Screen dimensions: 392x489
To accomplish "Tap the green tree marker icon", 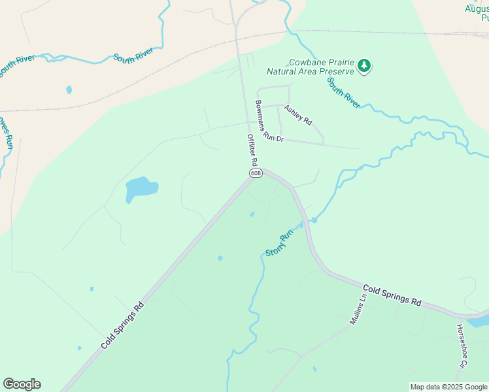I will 364,66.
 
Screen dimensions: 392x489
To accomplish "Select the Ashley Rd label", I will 298,115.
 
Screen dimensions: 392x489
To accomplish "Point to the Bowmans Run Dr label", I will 269,122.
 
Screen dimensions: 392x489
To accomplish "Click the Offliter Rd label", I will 252,150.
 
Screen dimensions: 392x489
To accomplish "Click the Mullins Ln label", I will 357,309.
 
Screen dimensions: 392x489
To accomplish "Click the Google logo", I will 22,384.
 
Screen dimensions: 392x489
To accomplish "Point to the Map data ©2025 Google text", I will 448,387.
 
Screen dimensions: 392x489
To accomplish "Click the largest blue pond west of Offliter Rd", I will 141,189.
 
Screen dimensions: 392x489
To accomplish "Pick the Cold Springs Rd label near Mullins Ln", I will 392,295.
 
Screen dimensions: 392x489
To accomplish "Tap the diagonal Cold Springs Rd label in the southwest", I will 122,325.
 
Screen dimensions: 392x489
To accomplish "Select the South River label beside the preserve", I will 343,93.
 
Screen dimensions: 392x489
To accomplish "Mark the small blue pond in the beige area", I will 69,90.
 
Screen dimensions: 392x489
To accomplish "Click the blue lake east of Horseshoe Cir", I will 480,321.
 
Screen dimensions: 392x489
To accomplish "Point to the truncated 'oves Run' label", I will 8,134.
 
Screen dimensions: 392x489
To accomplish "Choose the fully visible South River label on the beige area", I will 133,56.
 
